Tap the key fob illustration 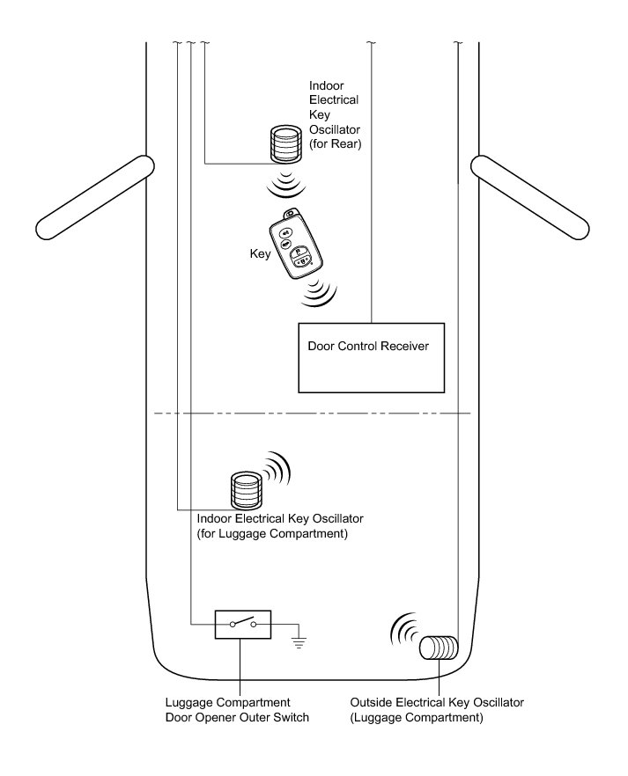(298, 248)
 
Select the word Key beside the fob (260, 253)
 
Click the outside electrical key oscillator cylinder (438, 649)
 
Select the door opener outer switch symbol (242, 625)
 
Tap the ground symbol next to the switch (299, 641)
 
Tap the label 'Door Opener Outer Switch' (237, 718)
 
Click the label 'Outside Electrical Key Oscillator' (437, 703)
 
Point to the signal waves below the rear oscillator (284, 186)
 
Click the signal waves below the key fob (320, 295)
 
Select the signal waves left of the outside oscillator (403, 632)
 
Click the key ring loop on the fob (289, 214)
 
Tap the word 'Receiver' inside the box (403, 347)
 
